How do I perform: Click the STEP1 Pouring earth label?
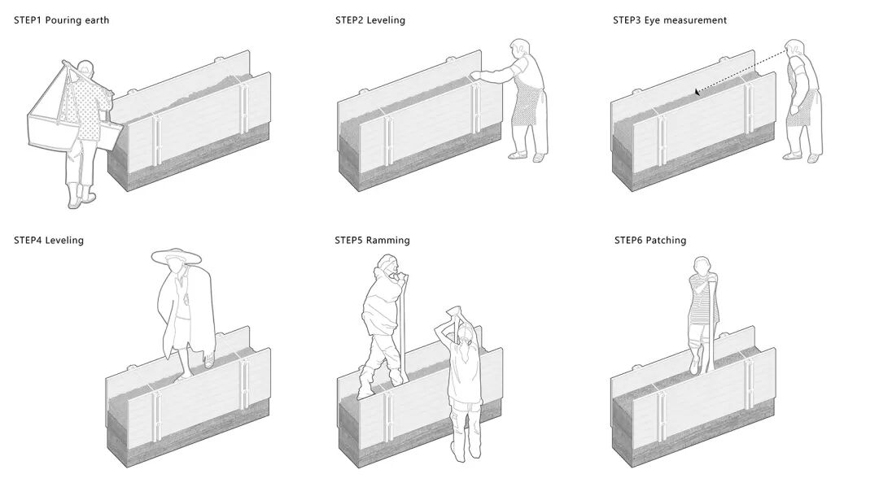(61, 20)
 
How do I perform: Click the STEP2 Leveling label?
(370, 20)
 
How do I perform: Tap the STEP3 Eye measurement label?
(670, 20)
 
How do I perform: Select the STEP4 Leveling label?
(49, 240)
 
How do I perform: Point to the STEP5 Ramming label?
(372, 240)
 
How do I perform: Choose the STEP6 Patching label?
(650, 240)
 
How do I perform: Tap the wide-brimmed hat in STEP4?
(176, 256)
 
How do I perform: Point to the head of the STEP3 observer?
(795, 50)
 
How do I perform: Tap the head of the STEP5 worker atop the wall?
(388, 267)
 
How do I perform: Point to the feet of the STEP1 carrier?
(81, 198)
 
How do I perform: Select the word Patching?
(667, 240)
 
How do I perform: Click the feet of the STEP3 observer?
(801, 156)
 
